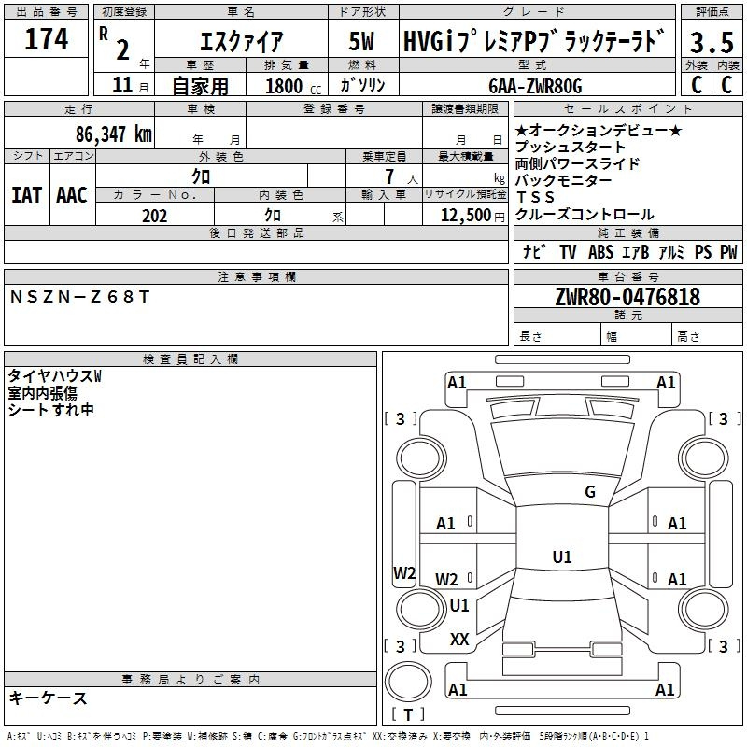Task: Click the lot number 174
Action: [x=46, y=38]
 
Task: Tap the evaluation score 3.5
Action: [x=712, y=42]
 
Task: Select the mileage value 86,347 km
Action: [x=113, y=134]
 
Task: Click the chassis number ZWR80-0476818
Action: [x=627, y=296]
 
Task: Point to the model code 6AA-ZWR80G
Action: [x=535, y=86]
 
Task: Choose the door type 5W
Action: [x=361, y=41]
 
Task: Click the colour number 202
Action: [x=154, y=216]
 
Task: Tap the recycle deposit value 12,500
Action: [x=465, y=216]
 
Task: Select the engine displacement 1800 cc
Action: [x=293, y=86]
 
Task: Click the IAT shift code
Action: [x=27, y=195]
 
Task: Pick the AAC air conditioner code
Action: [x=72, y=195]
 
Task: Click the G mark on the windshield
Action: [x=590, y=491]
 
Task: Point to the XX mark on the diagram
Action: [x=459, y=639]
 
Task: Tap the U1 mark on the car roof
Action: [x=562, y=557]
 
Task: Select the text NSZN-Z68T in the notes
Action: [x=79, y=297]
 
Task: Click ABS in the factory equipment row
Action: [x=600, y=251]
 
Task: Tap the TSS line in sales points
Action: [x=535, y=197]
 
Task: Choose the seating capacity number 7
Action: [x=389, y=176]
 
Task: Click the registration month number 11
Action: [x=122, y=85]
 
